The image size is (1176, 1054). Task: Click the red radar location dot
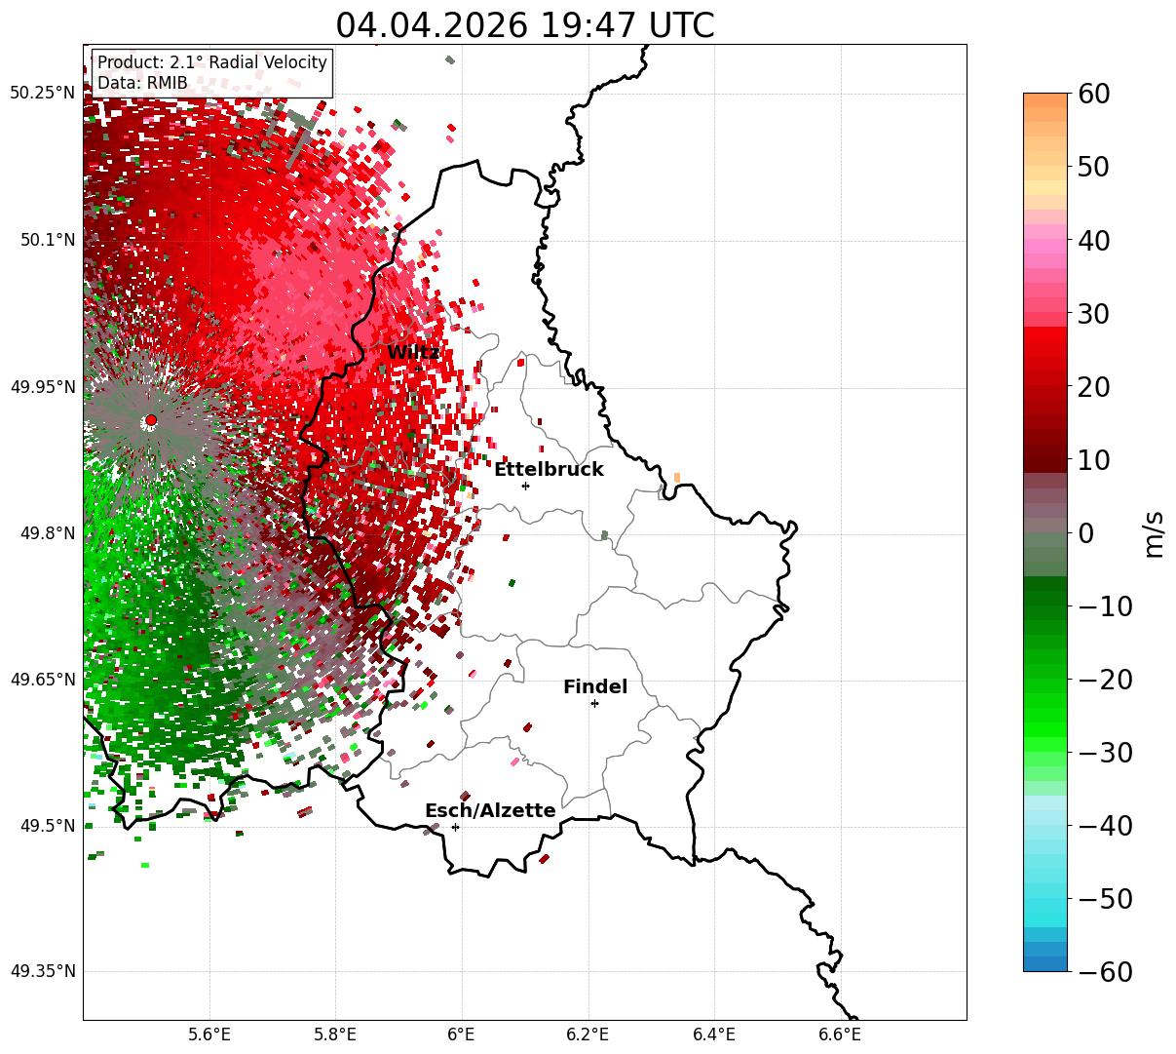pyautogui.click(x=151, y=419)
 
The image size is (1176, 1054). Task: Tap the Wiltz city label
pyautogui.click(x=413, y=352)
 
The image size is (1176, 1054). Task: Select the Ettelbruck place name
pyautogui.click(x=549, y=469)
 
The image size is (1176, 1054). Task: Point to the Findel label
pyautogui.click(x=595, y=686)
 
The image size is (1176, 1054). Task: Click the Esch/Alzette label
pyautogui.click(x=490, y=810)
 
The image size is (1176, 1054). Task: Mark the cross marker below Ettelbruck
pyautogui.click(x=525, y=486)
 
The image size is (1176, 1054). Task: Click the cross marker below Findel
pyautogui.click(x=594, y=703)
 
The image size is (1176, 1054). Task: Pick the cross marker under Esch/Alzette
pyautogui.click(x=455, y=827)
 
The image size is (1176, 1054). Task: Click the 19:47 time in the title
pyautogui.click(x=588, y=25)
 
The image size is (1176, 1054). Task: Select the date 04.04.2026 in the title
pyautogui.click(x=432, y=25)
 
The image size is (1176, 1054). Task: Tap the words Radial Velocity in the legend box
pyautogui.click(x=268, y=62)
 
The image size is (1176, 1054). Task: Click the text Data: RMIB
pyautogui.click(x=142, y=83)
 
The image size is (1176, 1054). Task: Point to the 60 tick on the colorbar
pyautogui.click(x=1093, y=94)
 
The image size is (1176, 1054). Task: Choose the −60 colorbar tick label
pyautogui.click(x=1105, y=971)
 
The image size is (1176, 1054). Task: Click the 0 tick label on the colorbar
pyautogui.click(x=1086, y=533)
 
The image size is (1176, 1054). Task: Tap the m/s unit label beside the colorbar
pyautogui.click(x=1154, y=534)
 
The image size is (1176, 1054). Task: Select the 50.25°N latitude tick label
pyautogui.click(x=42, y=93)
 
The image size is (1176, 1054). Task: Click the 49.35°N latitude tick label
pyautogui.click(x=42, y=971)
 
